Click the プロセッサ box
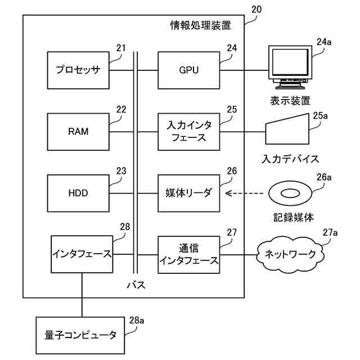(78, 70)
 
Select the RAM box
(78, 132)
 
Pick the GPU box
(188, 70)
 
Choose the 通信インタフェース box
(188, 254)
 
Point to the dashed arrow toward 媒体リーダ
(245, 193)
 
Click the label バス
(136, 285)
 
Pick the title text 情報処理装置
(200, 25)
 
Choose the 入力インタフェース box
(188, 132)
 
